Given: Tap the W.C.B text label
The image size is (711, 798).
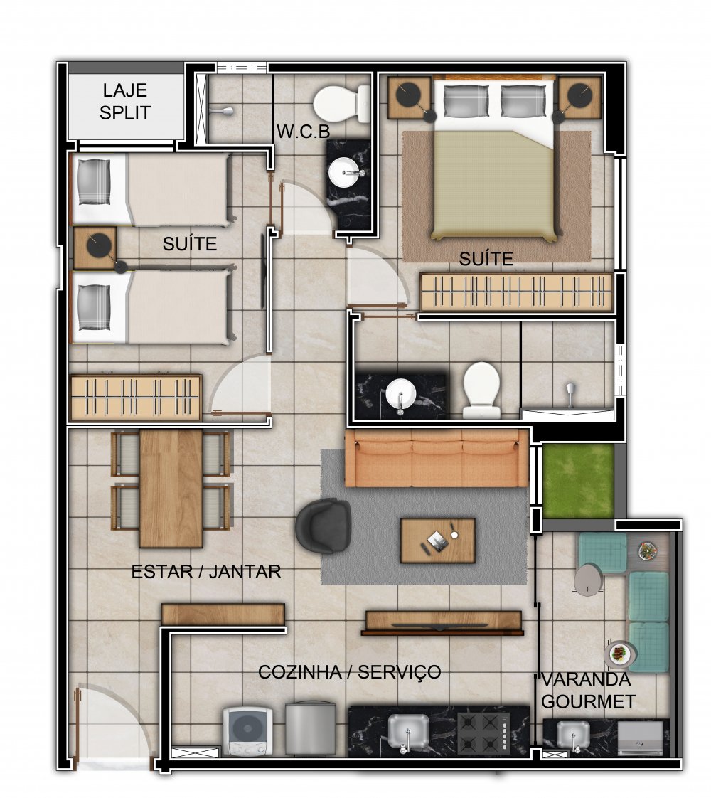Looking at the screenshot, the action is click(x=303, y=132).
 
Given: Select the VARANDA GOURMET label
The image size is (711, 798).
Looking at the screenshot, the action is click(x=587, y=690).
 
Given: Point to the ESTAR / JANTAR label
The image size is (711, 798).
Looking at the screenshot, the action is click(x=206, y=572).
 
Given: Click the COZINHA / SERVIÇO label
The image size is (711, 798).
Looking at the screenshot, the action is click(x=349, y=672).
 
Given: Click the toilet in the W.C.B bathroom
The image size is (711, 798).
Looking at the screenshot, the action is click(x=342, y=104).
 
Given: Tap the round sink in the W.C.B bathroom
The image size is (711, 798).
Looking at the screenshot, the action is click(x=346, y=173).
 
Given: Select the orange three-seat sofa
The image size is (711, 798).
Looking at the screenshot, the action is click(x=437, y=458).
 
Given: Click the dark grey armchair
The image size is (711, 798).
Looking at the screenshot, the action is click(x=324, y=525).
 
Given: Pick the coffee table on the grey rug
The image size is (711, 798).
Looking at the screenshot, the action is click(x=438, y=541).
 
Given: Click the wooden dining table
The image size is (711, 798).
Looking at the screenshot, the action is click(x=171, y=489).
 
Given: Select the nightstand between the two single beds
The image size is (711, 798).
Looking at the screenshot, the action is click(x=95, y=248).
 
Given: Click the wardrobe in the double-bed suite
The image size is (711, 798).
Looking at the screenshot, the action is click(x=517, y=292).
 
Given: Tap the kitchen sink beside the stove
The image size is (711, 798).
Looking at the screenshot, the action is click(x=408, y=731).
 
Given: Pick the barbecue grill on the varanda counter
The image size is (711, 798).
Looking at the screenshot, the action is click(x=641, y=738).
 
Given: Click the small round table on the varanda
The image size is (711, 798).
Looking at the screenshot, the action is click(x=589, y=580).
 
